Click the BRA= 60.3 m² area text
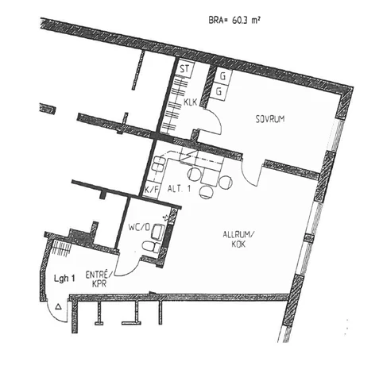pos(234,20)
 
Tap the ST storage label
pos(184,69)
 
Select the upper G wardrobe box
pos(222,76)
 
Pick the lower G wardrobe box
pos(219,91)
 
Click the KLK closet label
pos(191,102)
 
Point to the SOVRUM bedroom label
pos(270,119)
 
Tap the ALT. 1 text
pos(179,189)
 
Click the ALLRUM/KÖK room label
pos(238,239)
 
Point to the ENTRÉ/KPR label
pos(99,279)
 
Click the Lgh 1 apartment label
pos(64,278)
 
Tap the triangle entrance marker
pos(58,306)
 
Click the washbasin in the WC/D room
pos(158,232)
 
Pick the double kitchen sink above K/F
pos(159,164)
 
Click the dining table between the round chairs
pos(210,175)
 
